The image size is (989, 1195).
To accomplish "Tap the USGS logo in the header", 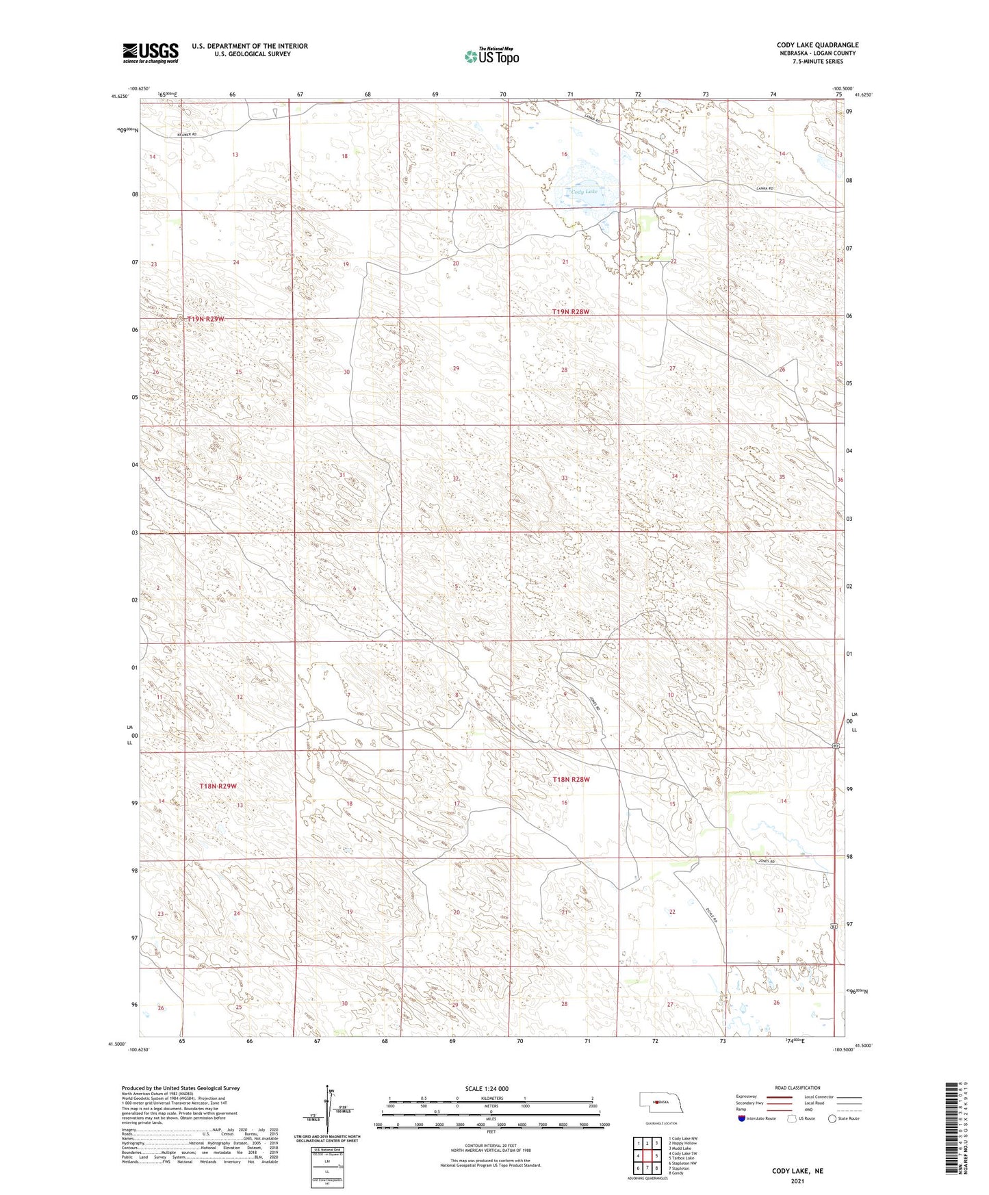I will coord(151,53).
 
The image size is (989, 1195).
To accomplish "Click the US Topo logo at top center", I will coord(491,56).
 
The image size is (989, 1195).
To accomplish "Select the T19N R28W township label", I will coord(570,311).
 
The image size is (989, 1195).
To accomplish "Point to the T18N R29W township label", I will coord(218,786).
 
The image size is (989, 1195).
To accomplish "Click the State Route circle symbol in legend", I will coord(832,1118).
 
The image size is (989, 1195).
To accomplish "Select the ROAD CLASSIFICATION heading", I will coord(797,1088).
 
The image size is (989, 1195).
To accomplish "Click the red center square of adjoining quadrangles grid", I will coord(647,1156).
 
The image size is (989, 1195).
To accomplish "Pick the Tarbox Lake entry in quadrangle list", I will coord(683,1158).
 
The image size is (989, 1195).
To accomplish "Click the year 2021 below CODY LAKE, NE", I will coord(797,1181).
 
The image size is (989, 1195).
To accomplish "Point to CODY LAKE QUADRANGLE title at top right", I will coord(817,45).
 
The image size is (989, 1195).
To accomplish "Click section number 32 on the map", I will coord(455,478).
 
